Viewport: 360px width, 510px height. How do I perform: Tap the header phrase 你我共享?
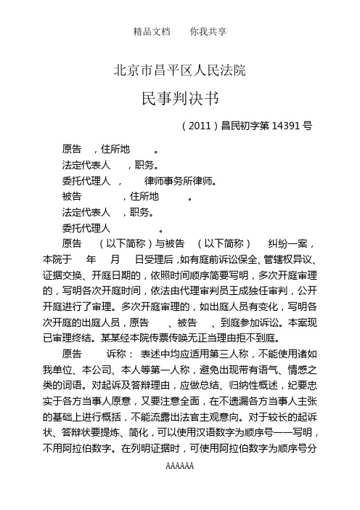pyautogui.click(x=208, y=32)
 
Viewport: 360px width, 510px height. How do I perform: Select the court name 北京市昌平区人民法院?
pyautogui.click(x=180, y=70)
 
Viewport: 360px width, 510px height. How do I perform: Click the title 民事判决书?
pyautogui.click(x=179, y=98)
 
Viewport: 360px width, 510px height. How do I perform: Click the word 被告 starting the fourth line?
pyautogui.click(x=72, y=197)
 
